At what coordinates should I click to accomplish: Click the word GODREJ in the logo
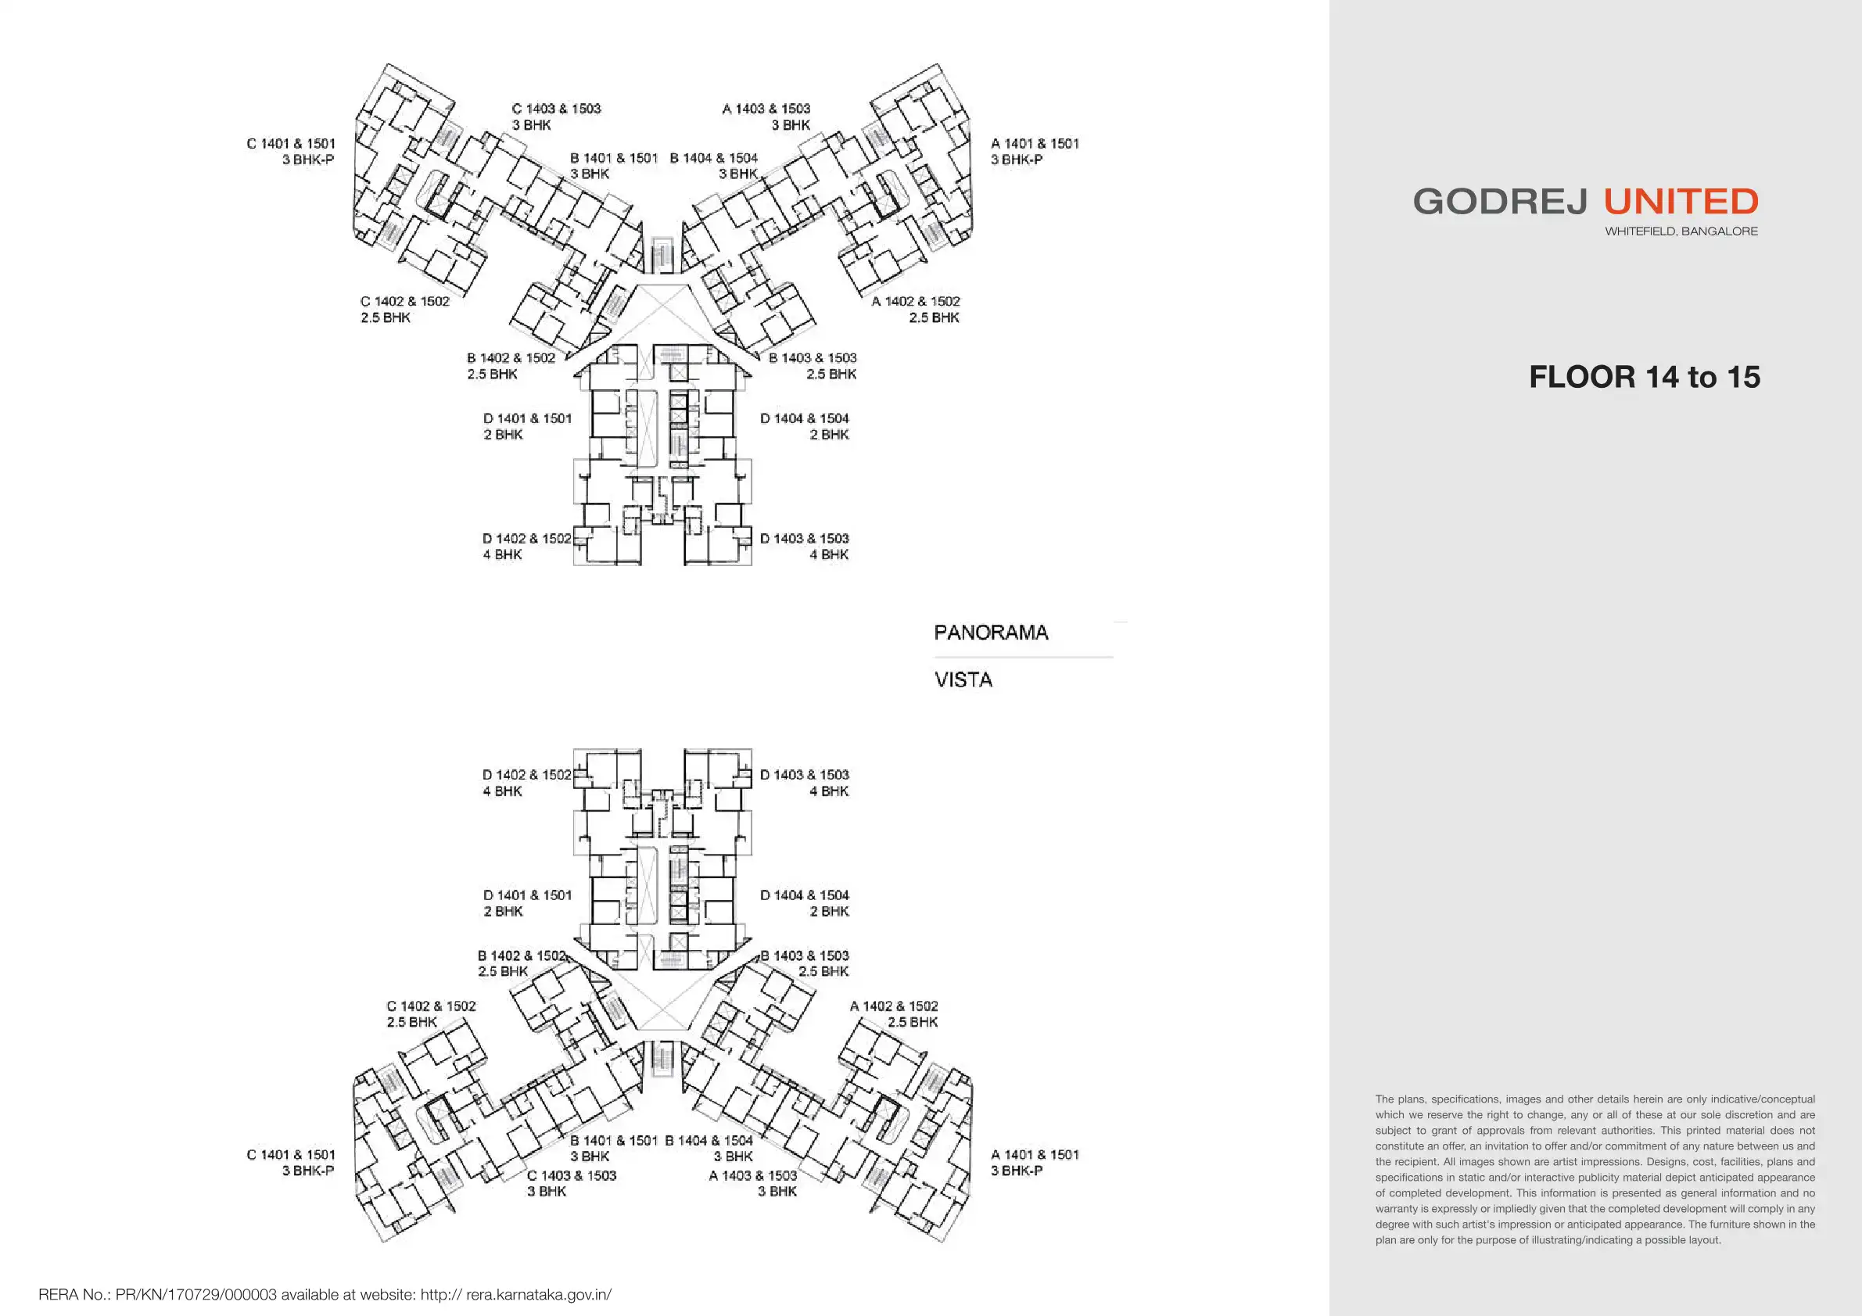click(1499, 202)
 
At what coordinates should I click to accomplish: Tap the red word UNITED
click(1681, 202)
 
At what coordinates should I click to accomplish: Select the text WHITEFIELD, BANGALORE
click(1681, 231)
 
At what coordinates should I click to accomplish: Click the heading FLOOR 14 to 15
click(1644, 377)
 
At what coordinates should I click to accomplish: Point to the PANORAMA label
click(991, 633)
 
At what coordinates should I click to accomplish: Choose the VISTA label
click(963, 680)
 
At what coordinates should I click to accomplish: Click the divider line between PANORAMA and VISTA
click(1024, 657)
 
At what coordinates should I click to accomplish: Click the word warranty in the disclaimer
click(1396, 1209)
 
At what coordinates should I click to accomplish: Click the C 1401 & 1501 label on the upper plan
click(290, 144)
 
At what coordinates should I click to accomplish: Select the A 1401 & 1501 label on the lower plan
click(1035, 1155)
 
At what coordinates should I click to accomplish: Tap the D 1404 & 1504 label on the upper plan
click(805, 418)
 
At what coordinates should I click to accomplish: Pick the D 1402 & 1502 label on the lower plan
click(527, 775)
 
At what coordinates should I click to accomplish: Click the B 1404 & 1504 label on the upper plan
click(714, 158)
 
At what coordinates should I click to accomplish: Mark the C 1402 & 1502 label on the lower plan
click(431, 1006)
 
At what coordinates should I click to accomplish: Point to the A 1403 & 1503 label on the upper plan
click(766, 109)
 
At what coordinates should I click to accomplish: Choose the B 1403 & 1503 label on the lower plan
click(805, 956)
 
